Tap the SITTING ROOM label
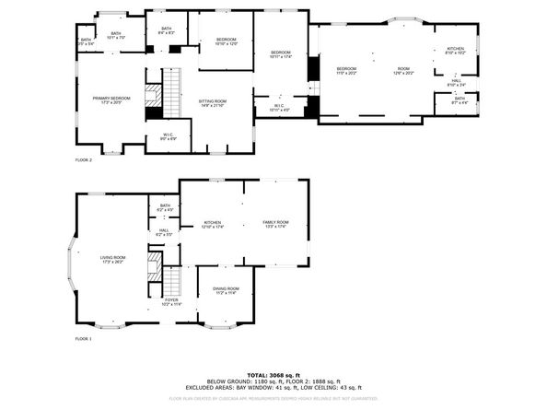click(x=213, y=101)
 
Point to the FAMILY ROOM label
click(x=275, y=224)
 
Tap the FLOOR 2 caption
click(x=84, y=159)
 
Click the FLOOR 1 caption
click(x=84, y=340)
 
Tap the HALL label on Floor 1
click(x=164, y=232)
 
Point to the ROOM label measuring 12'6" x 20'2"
click(x=403, y=70)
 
